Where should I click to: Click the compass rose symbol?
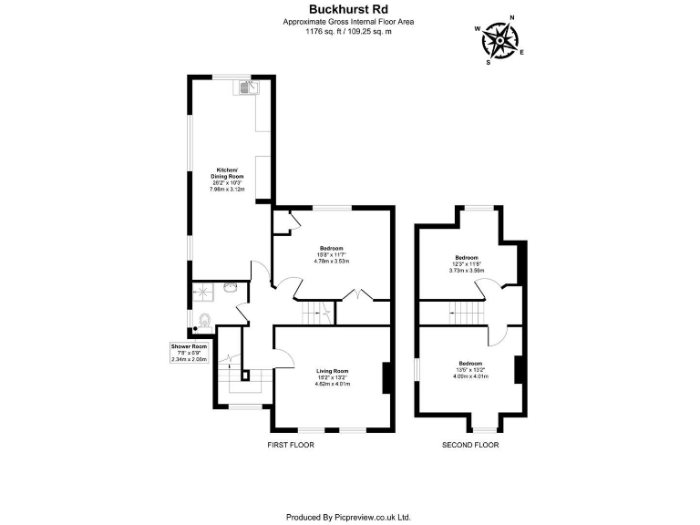click(500, 39)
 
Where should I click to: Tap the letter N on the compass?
click(512, 17)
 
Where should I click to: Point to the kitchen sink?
click(249, 87)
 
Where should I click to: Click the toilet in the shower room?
click(205, 321)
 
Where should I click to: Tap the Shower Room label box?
click(189, 353)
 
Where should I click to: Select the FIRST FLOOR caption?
click(291, 445)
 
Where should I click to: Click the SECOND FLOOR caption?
click(470, 445)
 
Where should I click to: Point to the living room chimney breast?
click(386, 377)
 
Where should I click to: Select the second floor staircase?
click(468, 313)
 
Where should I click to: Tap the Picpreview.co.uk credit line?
click(349, 516)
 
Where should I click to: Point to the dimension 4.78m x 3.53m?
click(332, 262)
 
